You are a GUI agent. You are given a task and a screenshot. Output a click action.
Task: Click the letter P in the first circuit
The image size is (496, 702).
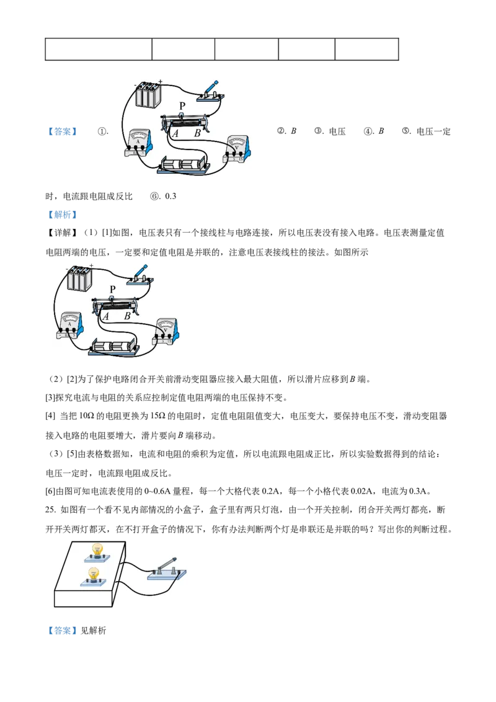[x=182, y=106]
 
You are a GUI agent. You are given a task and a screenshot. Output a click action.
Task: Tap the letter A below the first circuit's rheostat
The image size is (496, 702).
[x=175, y=133]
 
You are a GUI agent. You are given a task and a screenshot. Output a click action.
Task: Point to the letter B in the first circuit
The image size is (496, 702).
[x=197, y=133]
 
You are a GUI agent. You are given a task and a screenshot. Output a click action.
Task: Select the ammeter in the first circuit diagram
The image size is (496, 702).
[x=138, y=144]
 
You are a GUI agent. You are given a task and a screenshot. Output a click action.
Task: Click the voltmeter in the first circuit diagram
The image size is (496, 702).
[x=238, y=149]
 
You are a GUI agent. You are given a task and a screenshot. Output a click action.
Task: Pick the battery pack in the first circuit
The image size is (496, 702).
[x=149, y=94]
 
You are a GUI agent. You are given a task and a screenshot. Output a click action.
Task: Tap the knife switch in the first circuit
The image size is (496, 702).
[x=211, y=92]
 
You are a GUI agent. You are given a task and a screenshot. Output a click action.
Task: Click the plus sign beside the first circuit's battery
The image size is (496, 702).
[x=160, y=81]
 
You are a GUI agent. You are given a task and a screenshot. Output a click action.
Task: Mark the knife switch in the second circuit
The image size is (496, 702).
[x=141, y=275]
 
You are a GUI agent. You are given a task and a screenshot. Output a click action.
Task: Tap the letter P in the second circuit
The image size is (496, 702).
[x=112, y=290]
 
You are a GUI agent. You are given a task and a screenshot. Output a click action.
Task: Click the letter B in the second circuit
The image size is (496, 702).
[x=127, y=316]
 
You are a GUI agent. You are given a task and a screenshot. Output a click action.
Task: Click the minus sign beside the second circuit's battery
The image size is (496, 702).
[x=67, y=269]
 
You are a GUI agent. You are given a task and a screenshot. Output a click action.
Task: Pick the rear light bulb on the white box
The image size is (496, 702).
[x=97, y=549]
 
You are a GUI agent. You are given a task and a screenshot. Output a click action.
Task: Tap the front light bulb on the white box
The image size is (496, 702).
[x=94, y=574]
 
